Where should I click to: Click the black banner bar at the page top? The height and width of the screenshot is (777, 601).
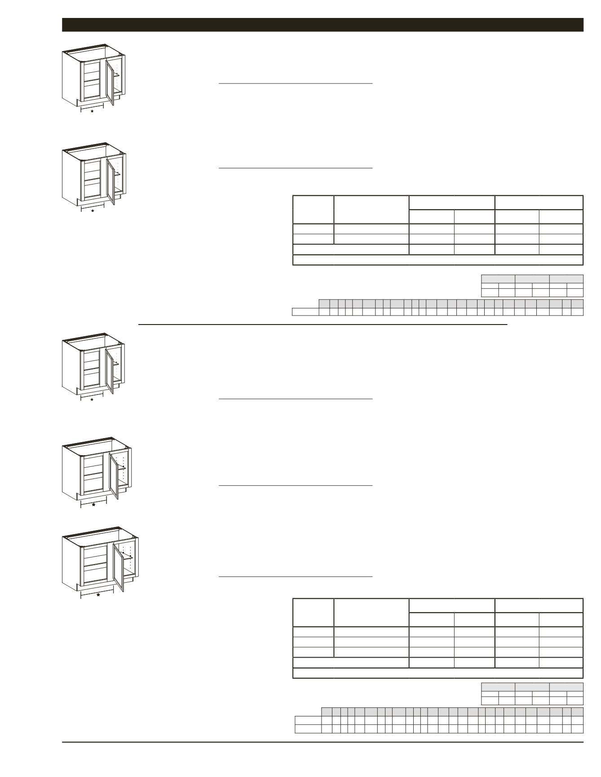(323, 25)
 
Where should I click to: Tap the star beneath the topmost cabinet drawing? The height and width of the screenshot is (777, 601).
(92, 111)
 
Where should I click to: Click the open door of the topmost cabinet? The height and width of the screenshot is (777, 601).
(110, 83)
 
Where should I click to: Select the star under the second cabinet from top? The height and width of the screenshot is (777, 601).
(93, 210)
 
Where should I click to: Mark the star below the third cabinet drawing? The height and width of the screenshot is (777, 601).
(92, 399)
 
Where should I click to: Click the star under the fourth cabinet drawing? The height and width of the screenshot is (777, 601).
(93, 505)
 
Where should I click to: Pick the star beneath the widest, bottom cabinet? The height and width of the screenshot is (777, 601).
(98, 595)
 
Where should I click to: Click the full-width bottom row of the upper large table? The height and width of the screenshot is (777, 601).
(437, 260)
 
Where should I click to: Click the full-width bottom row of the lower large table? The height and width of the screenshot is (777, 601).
(437, 673)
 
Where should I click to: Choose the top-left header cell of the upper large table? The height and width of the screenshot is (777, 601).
(313, 209)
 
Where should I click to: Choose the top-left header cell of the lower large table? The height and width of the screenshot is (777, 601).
(313, 612)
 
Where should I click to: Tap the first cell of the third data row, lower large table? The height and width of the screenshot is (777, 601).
(313, 652)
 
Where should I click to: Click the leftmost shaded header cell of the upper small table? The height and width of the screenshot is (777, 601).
(498, 278)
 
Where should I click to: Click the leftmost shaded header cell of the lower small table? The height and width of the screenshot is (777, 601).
(498, 687)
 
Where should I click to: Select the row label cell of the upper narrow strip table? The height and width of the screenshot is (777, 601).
(305, 312)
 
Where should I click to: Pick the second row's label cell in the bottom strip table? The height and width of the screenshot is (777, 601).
(308, 729)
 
